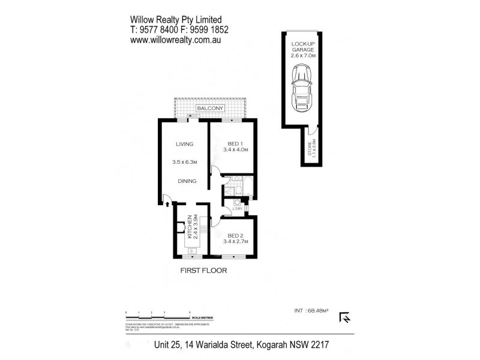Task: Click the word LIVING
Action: (x=184, y=144)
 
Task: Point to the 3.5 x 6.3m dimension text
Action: (x=184, y=162)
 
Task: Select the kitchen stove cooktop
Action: (x=203, y=227)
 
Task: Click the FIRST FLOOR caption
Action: (x=204, y=271)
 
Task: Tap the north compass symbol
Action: (x=346, y=317)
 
